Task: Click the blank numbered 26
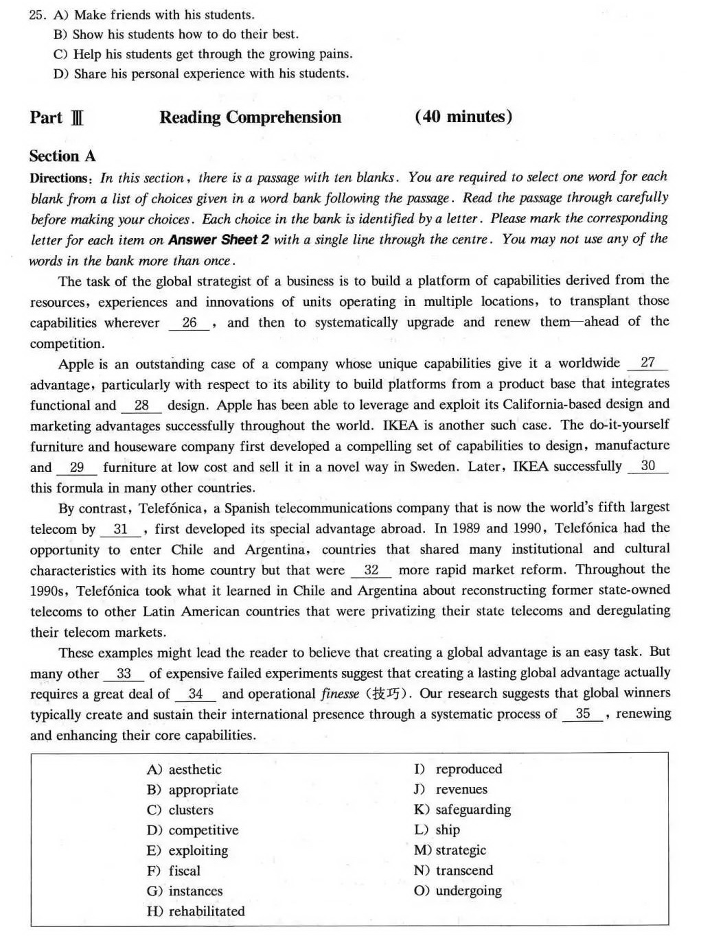point(190,323)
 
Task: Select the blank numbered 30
point(647,466)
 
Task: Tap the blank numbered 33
point(124,673)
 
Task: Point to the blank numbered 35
point(583,714)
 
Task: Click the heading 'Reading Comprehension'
point(250,117)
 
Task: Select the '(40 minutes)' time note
point(463,117)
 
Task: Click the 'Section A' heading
point(62,156)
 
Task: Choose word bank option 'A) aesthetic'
point(184,769)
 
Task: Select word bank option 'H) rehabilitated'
point(196,911)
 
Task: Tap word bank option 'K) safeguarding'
point(462,810)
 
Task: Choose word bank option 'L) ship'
point(437,830)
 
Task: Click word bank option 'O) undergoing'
point(457,891)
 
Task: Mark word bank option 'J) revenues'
point(450,789)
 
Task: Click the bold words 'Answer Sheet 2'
point(219,239)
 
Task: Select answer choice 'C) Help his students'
point(203,54)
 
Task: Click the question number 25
point(37,15)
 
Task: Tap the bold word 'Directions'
point(60,178)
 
